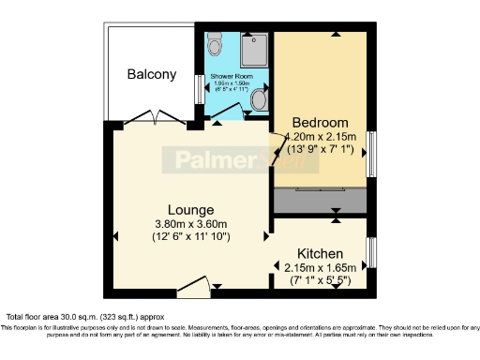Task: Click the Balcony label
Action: (x=152, y=75)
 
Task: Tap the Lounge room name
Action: (x=190, y=209)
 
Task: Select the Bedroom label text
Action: (x=320, y=123)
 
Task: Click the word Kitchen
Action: (x=320, y=254)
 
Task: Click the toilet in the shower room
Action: (x=215, y=42)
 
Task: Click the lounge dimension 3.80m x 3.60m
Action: (x=190, y=223)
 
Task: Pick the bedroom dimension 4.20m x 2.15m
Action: (x=320, y=137)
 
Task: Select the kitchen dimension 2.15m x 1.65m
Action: (x=320, y=268)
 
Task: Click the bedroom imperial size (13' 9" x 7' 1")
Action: (x=320, y=150)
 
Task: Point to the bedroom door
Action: (x=276, y=146)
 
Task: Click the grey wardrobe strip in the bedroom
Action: (x=319, y=201)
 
